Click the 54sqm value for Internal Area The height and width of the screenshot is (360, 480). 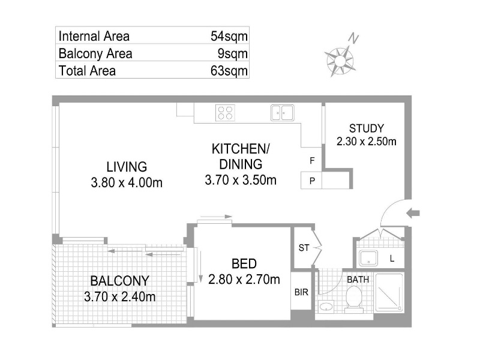pos(229,36)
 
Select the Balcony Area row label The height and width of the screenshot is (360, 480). pos(95,53)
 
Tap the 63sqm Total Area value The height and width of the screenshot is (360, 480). pos(229,71)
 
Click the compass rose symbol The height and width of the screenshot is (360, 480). pos(340,61)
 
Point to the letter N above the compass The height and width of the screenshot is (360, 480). pos(353,38)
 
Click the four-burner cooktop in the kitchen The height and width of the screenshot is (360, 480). pos(225,113)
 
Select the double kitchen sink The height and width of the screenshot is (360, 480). pos(282,113)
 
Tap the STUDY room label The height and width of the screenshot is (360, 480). pos(367,128)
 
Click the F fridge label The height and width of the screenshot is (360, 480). pos(312,160)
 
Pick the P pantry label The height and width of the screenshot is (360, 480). pos(312,181)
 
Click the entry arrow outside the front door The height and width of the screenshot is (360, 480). pos(413,213)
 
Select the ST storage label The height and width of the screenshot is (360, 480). pos(304,248)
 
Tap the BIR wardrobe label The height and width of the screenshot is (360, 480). pos(301,292)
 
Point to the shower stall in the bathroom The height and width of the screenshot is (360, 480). pos(389,293)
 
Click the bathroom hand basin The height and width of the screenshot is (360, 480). pos(326,307)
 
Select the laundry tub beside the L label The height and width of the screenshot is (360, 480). pos(368,258)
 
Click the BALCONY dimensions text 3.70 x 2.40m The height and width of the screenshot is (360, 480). pos(119,296)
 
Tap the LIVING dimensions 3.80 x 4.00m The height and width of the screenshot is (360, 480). pos(127,183)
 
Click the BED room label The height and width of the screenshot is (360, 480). pos(244,263)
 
